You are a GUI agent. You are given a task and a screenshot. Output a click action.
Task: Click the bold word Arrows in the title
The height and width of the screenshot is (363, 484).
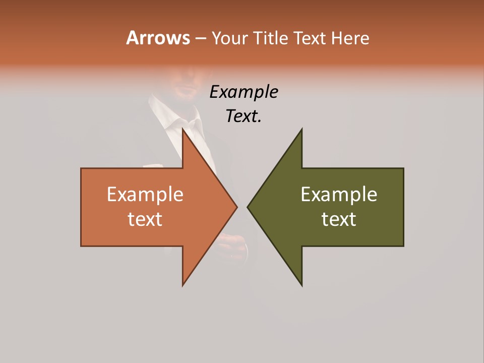click(157, 38)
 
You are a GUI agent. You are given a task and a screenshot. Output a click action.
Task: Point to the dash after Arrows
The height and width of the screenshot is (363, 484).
click(200, 38)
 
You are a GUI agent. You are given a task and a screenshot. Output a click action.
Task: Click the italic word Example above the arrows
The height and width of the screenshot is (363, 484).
click(244, 92)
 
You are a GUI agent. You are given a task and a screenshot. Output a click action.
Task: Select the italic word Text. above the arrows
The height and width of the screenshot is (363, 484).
click(244, 116)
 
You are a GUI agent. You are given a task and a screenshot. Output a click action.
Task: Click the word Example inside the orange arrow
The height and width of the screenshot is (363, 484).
click(145, 195)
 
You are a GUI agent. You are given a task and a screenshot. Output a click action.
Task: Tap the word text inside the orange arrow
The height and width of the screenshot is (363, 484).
click(145, 219)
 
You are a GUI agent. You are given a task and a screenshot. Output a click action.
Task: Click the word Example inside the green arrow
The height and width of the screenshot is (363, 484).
click(339, 195)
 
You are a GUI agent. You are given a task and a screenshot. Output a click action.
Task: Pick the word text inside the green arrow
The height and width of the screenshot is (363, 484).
click(339, 219)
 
